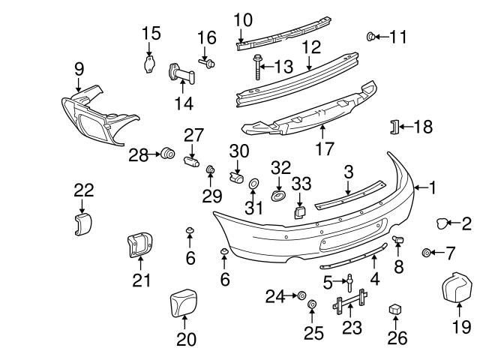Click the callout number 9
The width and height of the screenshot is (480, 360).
[79, 69]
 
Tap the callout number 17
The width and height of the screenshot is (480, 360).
[324, 148]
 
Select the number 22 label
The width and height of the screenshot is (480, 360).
[82, 190]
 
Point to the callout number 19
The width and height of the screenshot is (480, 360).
[462, 326]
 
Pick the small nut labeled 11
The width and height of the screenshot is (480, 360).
[370, 36]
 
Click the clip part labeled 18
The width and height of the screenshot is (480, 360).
[391, 127]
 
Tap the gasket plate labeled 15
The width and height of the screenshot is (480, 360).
[150, 64]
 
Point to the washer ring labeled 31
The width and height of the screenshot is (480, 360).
[253, 184]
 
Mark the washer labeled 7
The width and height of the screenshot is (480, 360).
[427, 252]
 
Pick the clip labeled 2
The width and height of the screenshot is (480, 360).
[441, 222]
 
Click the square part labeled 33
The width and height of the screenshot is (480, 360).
[298, 212]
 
